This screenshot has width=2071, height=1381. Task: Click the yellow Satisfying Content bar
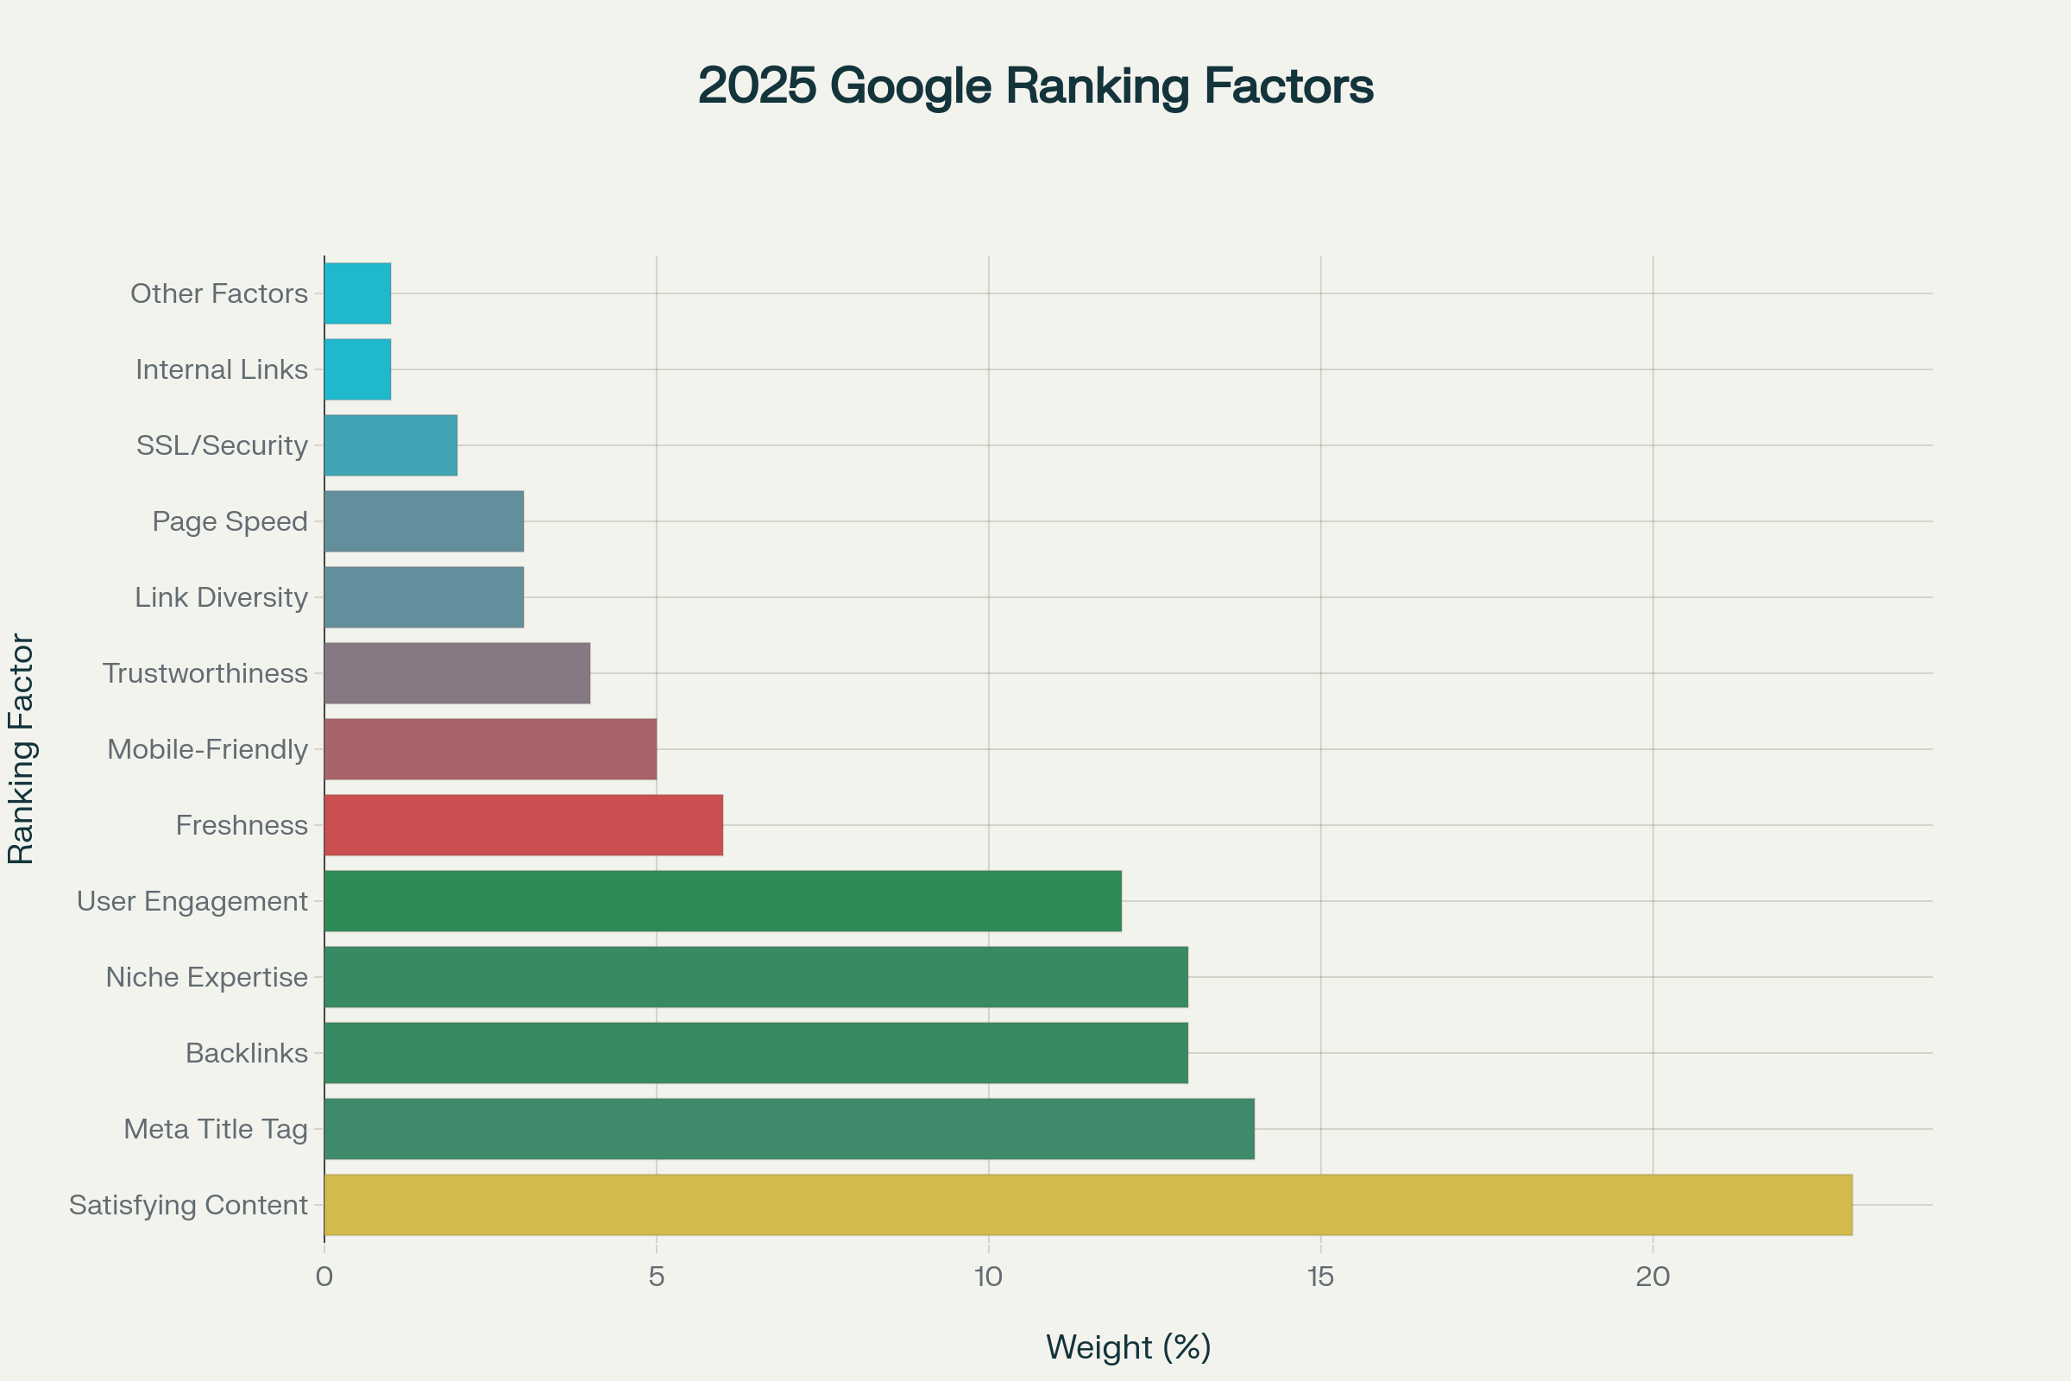(x=1087, y=1204)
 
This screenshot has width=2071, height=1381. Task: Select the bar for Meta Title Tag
(x=789, y=1128)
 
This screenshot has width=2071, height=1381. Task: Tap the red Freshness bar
(x=523, y=824)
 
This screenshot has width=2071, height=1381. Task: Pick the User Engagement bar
(x=722, y=900)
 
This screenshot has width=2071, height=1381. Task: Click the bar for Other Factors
(x=357, y=293)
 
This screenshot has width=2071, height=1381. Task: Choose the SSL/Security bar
(x=390, y=445)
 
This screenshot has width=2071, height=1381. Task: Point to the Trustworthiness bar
(x=457, y=673)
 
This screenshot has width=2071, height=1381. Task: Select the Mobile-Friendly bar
(x=489, y=748)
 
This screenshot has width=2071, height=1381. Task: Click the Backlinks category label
(x=247, y=1052)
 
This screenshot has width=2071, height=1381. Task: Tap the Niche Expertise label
(x=207, y=977)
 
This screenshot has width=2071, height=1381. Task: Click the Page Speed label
(x=230, y=520)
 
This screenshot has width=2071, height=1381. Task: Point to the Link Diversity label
(x=221, y=597)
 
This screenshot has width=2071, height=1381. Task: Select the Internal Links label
(x=222, y=369)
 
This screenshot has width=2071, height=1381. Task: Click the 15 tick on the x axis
(x=1320, y=1277)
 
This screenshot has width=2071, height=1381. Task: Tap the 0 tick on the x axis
(x=324, y=1277)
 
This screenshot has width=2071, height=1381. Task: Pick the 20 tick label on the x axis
(x=1652, y=1277)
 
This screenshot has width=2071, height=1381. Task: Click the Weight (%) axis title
(x=1128, y=1346)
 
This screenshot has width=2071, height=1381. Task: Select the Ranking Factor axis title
(x=21, y=748)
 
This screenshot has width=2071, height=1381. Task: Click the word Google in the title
(x=910, y=86)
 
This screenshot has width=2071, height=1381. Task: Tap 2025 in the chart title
(x=758, y=86)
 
